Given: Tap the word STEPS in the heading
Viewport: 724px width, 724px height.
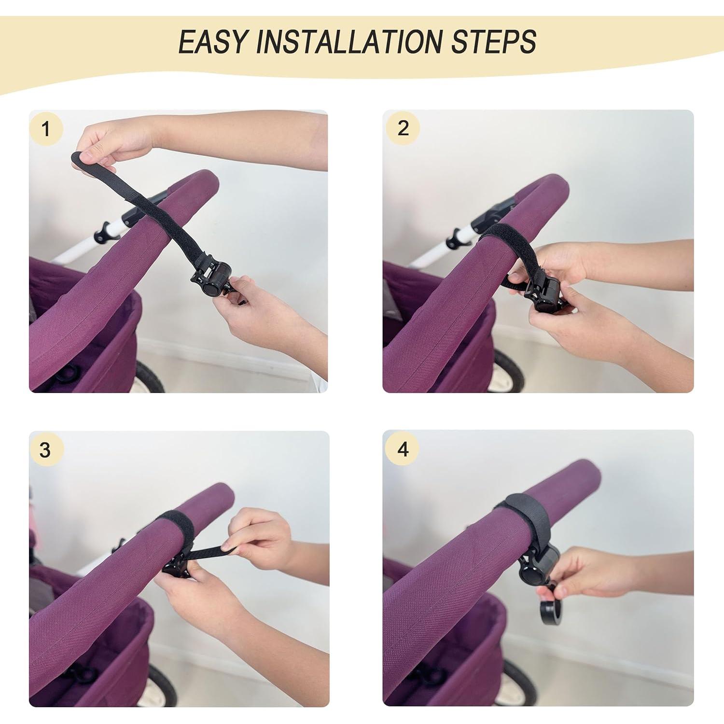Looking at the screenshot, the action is [x=493, y=42].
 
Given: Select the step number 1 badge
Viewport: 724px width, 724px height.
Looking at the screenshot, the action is [x=46, y=129].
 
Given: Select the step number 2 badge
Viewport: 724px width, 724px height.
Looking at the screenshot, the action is [x=403, y=128].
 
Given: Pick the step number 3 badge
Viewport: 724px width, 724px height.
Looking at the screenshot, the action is [x=45, y=450].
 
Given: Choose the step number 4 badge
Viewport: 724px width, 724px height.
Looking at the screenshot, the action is [x=403, y=449].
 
